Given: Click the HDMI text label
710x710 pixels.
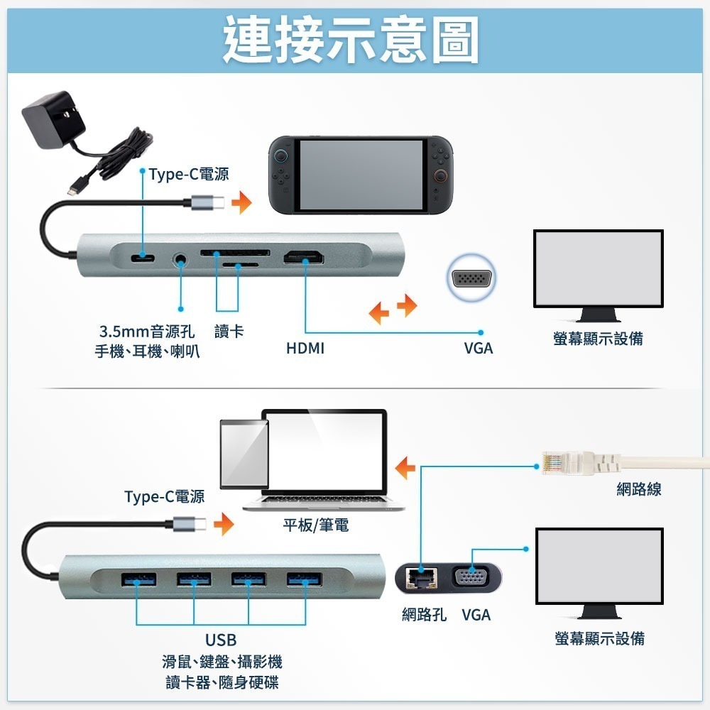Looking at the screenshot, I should click(x=305, y=349).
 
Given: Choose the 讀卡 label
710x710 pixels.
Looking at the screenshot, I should click(x=229, y=332).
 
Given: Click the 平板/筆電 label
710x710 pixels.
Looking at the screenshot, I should click(x=316, y=525).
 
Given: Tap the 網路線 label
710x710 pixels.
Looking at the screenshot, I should click(x=639, y=489).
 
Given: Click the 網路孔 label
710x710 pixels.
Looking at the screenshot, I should click(x=424, y=615).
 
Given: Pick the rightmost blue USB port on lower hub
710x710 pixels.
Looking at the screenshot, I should click(x=305, y=579).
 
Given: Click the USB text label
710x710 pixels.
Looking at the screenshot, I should click(x=221, y=640).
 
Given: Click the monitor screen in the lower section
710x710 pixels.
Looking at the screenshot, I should click(x=599, y=565).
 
